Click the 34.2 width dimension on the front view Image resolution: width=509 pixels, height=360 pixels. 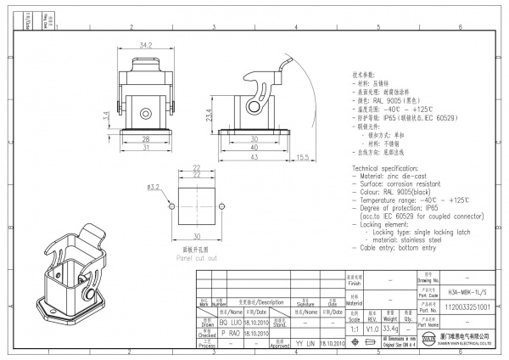[146, 45]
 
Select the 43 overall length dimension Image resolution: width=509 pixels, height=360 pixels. [254, 156]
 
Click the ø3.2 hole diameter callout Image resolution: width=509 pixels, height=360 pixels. [154, 186]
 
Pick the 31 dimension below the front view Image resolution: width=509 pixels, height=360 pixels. [146, 148]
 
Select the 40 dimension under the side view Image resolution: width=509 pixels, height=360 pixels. [254, 148]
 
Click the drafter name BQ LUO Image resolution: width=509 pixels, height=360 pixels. [231, 323]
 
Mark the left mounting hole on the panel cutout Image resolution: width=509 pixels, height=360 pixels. [173, 205]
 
